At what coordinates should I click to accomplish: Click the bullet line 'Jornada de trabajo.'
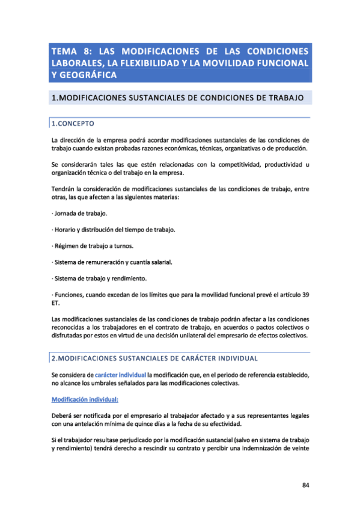(82, 214)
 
